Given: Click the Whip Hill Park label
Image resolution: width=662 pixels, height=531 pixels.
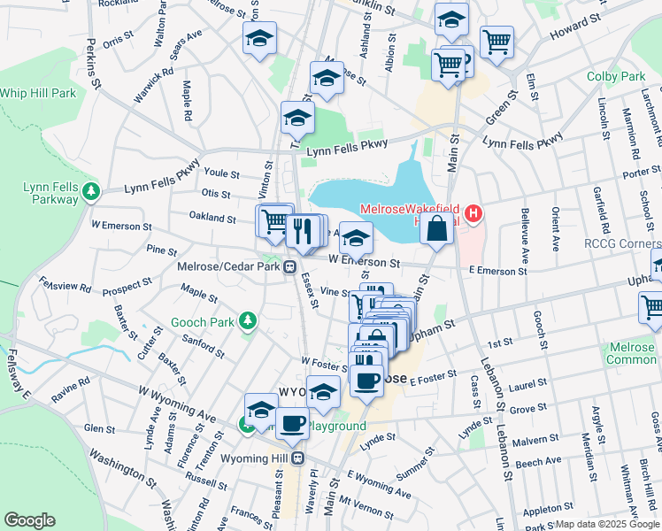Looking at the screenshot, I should coord(38,93).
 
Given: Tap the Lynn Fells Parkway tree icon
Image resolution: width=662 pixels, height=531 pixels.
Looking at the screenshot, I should coord(89,189).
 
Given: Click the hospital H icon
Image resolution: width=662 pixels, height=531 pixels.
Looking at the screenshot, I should coord(474,213).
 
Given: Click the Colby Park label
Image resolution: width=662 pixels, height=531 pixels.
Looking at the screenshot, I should coord(616,77).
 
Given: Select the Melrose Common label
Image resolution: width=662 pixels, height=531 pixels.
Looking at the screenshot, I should coord(629,354).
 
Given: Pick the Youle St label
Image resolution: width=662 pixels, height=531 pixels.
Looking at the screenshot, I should coord(222,173).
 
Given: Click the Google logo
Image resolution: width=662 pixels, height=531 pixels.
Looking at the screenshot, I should coord(29,521).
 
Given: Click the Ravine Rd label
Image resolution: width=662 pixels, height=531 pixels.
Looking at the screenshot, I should coord(71,390).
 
